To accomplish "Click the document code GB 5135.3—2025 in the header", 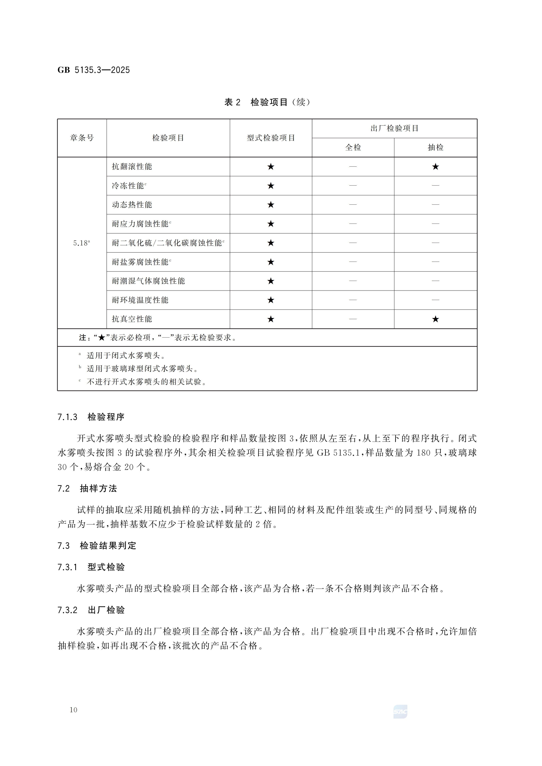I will (94, 70).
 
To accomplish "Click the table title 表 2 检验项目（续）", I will (267, 102).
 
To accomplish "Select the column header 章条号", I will (82, 138).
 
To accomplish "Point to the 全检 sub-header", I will (353, 148).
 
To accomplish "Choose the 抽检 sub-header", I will (435, 148).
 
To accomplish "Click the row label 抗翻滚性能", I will (132, 166).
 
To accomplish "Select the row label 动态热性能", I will (132, 205).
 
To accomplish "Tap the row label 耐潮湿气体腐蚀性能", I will (148, 281).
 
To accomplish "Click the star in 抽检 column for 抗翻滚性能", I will (435, 166).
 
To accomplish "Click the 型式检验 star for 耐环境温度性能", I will (271, 300).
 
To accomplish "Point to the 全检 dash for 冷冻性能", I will (353, 186).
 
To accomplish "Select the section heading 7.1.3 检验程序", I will (91, 417).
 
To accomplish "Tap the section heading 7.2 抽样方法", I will (87, 489).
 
